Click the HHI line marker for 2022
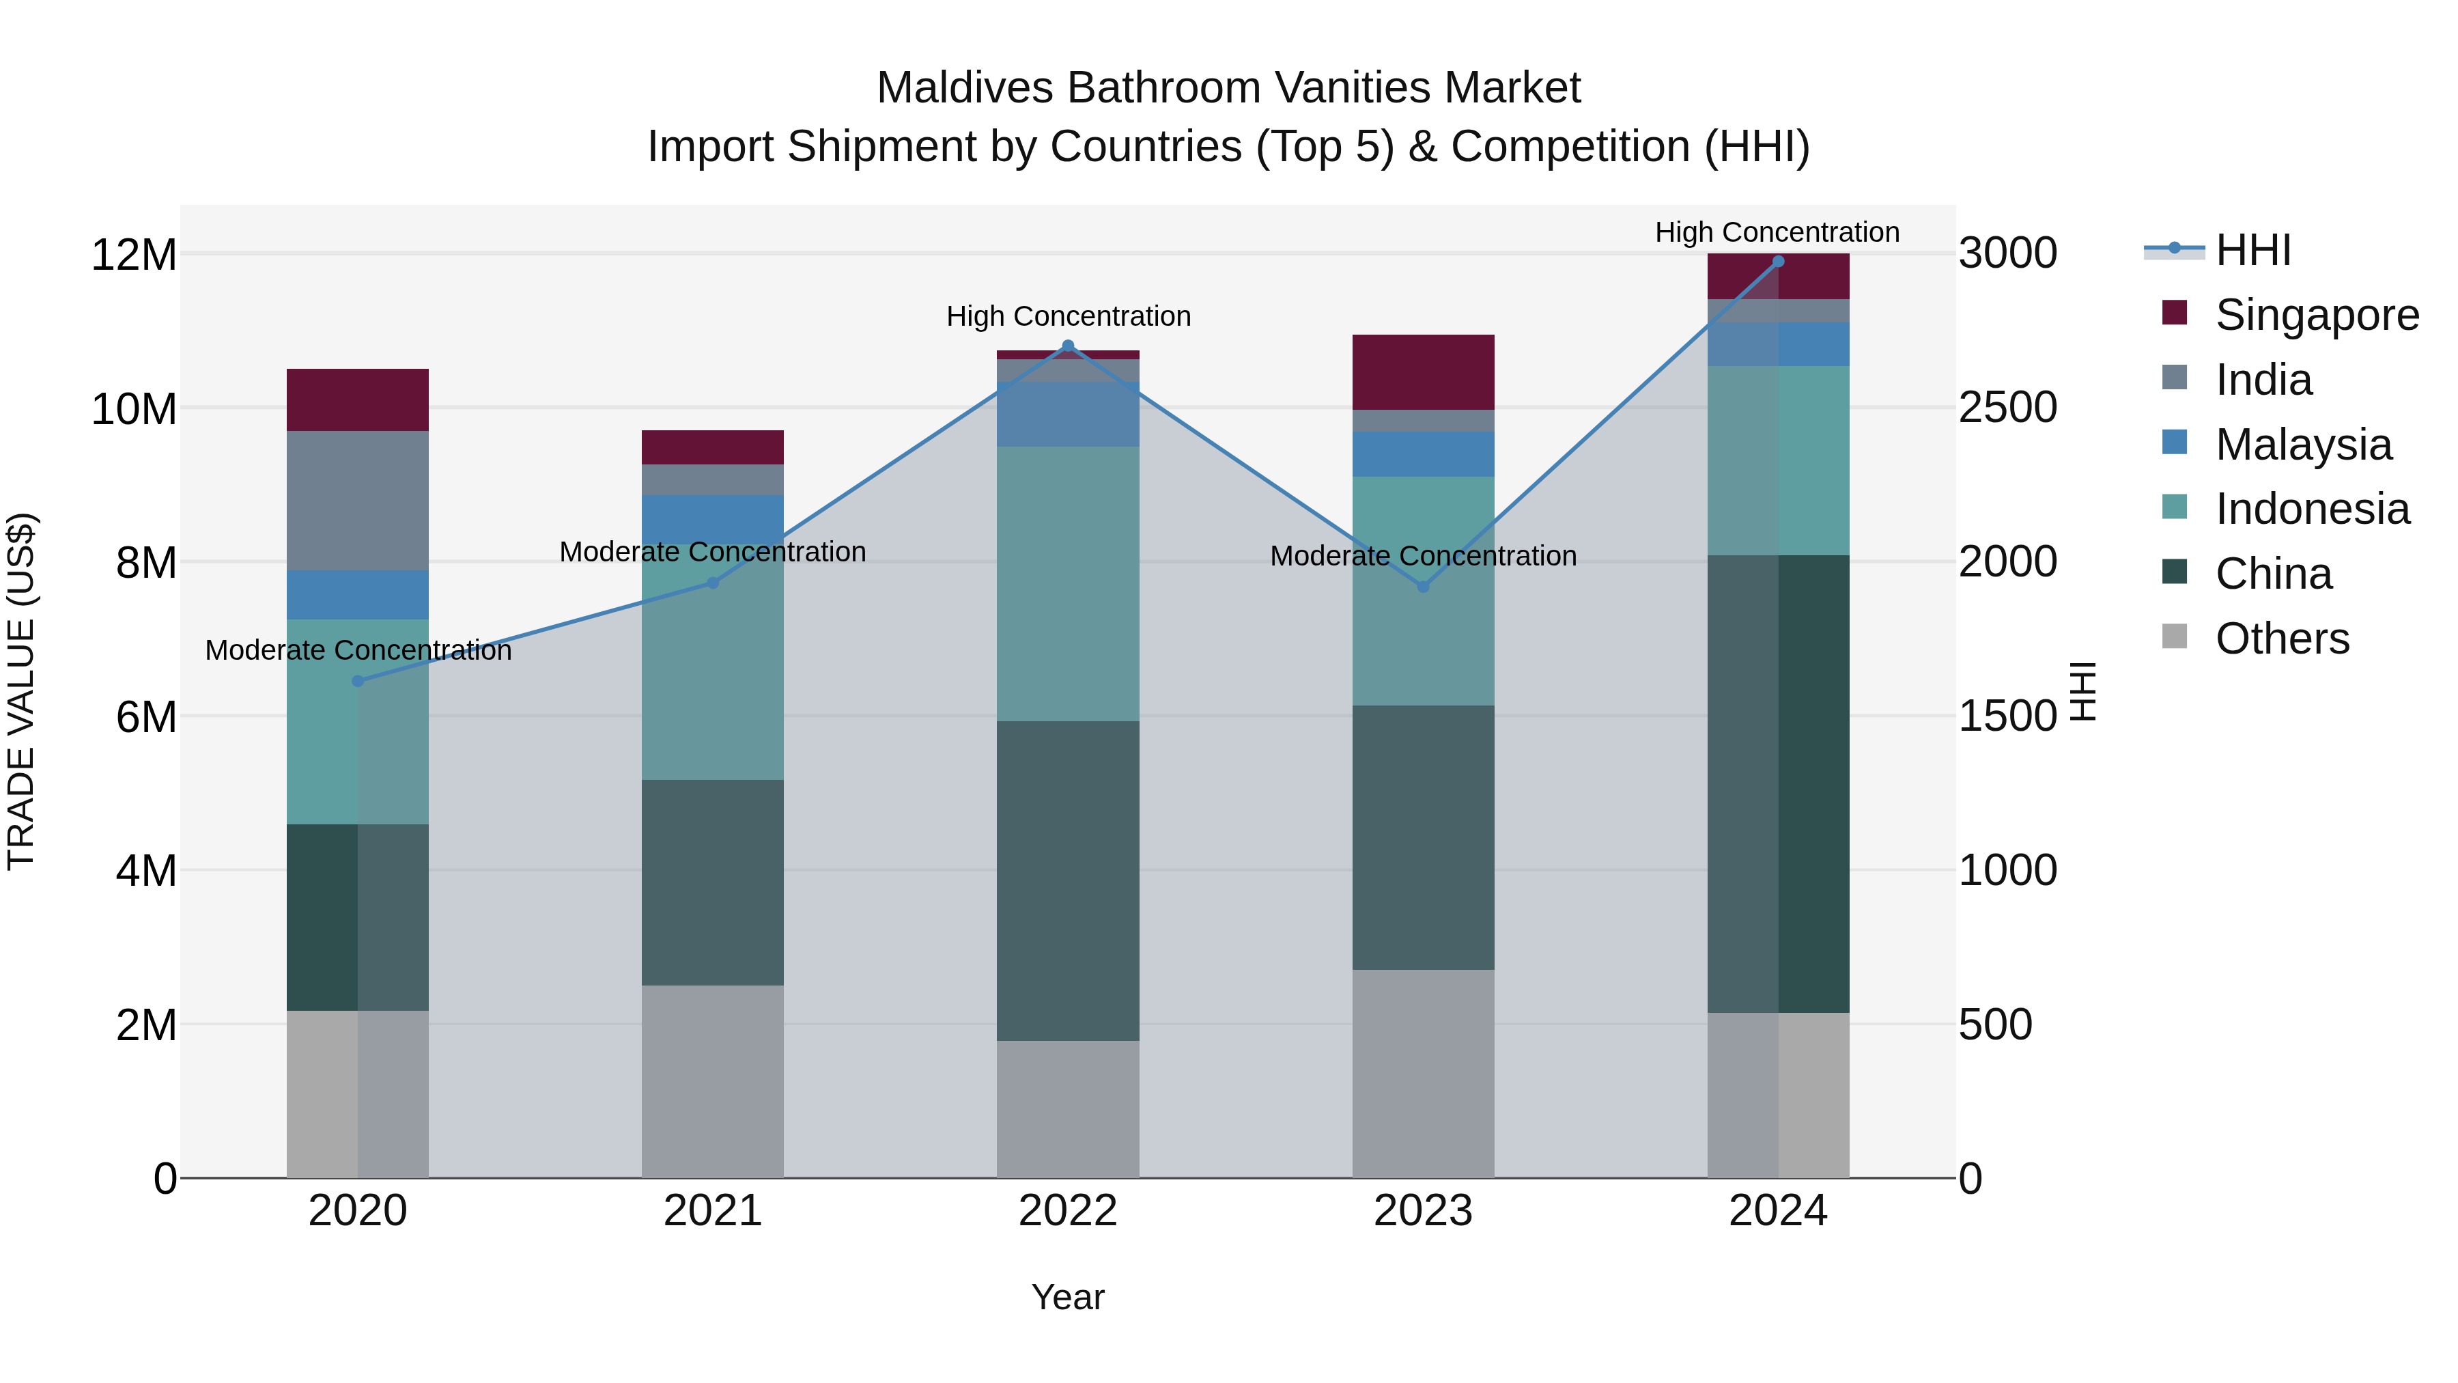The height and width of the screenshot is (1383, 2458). (x=1068, y=346)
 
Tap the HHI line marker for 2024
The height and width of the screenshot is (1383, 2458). (x=1778, y=262)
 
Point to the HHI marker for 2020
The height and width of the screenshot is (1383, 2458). (x=358, y=680)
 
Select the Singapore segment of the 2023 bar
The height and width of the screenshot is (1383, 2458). (x=1423, y=372)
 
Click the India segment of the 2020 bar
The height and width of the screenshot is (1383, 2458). (x=358, y=500)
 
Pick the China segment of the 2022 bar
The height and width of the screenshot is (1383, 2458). (x=1068, y=880)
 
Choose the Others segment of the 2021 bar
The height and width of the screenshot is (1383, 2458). (x=713, y=1080)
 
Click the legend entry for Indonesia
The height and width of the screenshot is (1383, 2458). (x=2312, y=509)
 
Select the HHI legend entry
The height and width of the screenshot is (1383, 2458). (x=2252, y=250)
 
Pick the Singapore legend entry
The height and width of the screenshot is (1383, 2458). (x=2317, y=315)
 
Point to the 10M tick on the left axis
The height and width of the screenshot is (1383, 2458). (x=134, y=408)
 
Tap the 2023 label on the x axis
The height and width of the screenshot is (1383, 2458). (x=1423, y=1211)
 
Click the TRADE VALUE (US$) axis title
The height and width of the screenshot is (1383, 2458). (x=21, y=691)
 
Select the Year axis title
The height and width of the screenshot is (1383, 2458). (x=1068, y=1297)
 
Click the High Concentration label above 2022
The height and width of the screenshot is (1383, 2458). (x=1069, y=316)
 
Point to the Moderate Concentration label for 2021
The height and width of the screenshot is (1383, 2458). (x=713, y=552)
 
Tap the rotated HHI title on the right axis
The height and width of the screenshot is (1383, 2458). (x=2082, y=691)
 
